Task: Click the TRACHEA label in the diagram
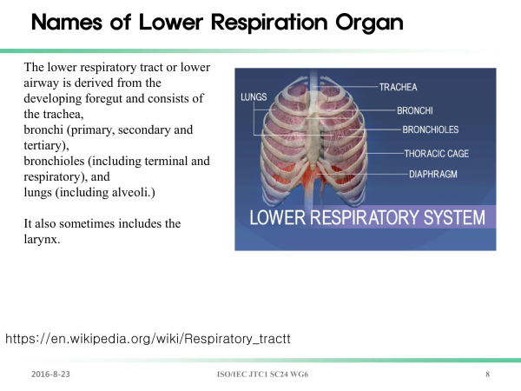[x=398, y=87]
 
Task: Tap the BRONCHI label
[x=415, y=110]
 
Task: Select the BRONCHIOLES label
[x=431, y=129]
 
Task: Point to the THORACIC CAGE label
[x=437, y=154]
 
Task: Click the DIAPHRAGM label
[x=433, y=174]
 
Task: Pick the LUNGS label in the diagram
[x=254, y=96]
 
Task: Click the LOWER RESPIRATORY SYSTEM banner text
[x=367, y=217]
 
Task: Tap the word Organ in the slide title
[x=369, y=23]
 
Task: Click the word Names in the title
[x=67, y=22]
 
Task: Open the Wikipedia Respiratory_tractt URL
[x=148, y=339]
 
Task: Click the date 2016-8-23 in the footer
[x=50, y=374]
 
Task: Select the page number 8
[x=487, y=374]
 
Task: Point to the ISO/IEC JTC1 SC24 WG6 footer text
[x=262, y=374]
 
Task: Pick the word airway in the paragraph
[x=41, y=83]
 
